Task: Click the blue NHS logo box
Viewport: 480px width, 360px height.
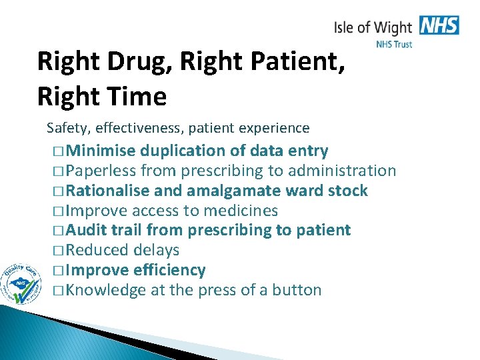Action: click(439, 26)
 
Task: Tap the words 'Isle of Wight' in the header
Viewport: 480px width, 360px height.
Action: click(373, 28)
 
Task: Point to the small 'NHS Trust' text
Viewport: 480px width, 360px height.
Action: click(394, 45)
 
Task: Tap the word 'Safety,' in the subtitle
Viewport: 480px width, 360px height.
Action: click(67, 127)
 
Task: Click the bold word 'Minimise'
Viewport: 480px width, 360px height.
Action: click(100, 151)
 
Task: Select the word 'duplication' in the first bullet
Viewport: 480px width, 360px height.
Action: click(185, 151)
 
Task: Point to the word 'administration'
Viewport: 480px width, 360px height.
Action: click(341, 171)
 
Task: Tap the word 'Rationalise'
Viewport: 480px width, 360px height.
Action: click(108, 191)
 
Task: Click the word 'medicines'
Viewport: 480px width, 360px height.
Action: click(240, 211)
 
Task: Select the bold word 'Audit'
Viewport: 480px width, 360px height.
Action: click(87, 231)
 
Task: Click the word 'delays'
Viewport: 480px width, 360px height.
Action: click(156, 251)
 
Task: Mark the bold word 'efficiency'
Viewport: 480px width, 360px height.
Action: click(169, 271)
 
